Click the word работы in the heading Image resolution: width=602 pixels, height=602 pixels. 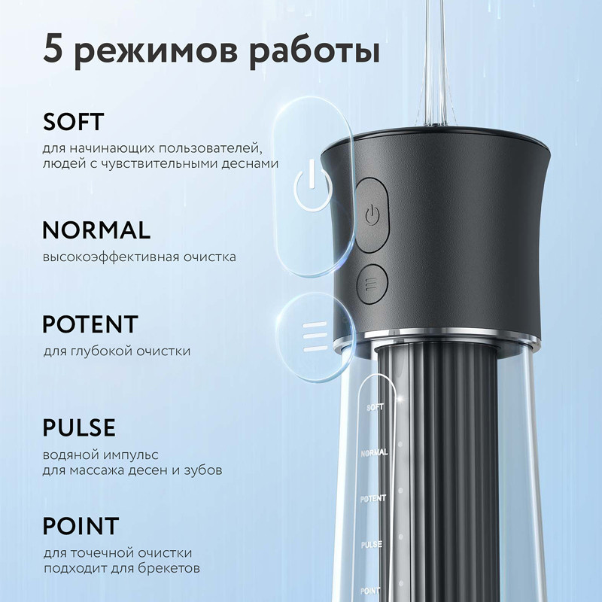point(315,52)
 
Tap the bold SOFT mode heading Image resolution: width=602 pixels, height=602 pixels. point(73,122)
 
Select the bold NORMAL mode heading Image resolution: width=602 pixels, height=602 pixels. point(96,230)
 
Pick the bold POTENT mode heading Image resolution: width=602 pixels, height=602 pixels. point(90,324)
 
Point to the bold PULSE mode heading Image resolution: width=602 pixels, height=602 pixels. point(79,427)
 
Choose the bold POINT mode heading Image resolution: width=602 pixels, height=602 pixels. point(81,525)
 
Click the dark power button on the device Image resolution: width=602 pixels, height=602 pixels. point(372,214)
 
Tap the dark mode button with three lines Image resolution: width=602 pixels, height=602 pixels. point(372,284)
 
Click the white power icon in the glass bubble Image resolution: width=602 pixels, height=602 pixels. point(312,187)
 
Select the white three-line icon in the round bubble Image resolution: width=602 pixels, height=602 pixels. point(315,336)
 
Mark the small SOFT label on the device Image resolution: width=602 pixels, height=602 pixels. point(375,407)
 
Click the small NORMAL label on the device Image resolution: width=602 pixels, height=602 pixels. point(374,453)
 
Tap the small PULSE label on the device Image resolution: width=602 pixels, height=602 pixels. point(372,545)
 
